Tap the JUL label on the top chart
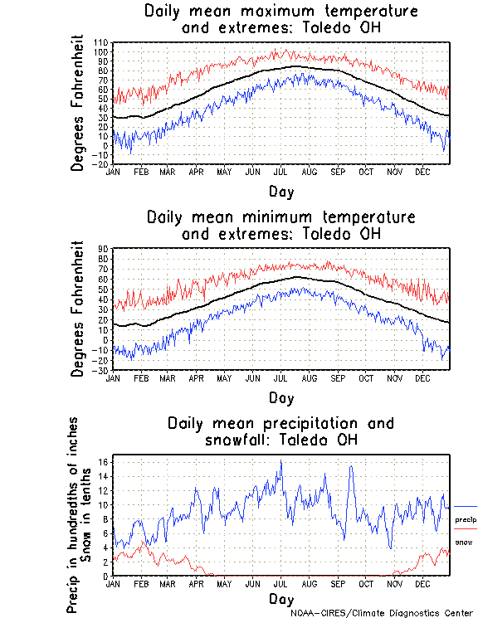click(x=280, y=172)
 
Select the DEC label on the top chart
click(x=422, y=172)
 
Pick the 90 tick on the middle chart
click(x=104, y=248)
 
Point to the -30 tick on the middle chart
click(x=102, y=370)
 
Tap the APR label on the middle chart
click(x=196, y=377)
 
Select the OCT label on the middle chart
click(x=366, y=377)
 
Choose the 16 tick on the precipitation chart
click(x=104, y=461)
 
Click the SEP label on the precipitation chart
click(x=338, y=584)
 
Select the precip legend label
click(x=465, y=519)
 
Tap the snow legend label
click(x=464, y=542)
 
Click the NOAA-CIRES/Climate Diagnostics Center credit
click(x=383, y=612)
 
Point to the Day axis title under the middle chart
click(x=280, y=399)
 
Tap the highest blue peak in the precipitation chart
click(x=281, y=460)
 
